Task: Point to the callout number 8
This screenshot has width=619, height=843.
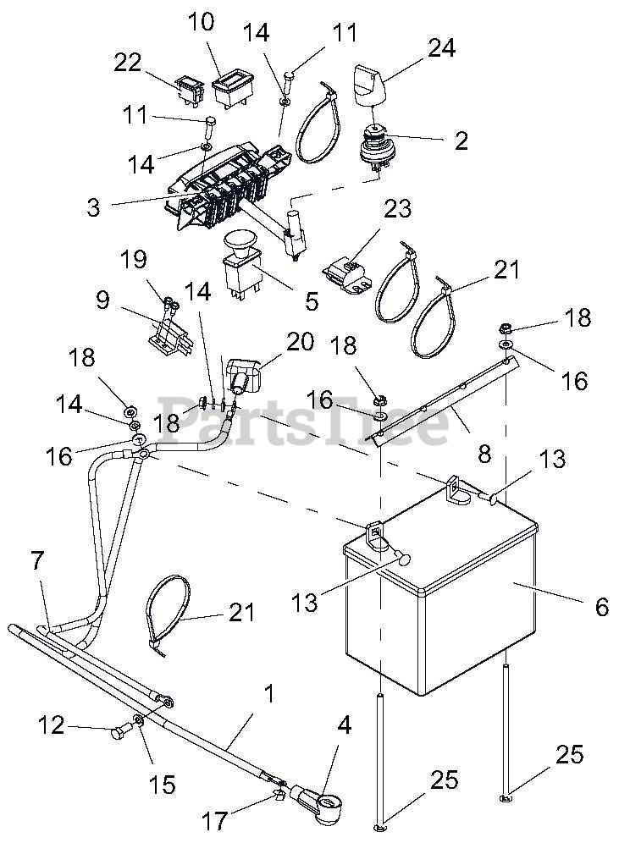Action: click(484, 454)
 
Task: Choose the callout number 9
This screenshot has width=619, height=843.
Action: click(102, 300)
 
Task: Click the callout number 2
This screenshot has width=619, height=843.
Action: click(461, 140)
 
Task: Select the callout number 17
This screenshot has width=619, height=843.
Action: click(216, 820)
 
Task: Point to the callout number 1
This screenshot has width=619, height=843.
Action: click(268, 696)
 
